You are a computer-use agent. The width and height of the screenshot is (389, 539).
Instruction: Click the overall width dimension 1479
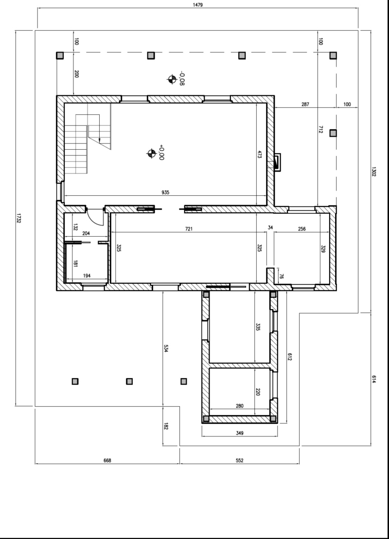tap(198, 5)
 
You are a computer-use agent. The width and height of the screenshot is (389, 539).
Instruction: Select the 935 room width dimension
tap(165, 192)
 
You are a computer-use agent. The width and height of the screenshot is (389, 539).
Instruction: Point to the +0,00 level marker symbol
tap(151, 153)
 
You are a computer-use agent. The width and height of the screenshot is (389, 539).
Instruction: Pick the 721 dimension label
tap(189, 229)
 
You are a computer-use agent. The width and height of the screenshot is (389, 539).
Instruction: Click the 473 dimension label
tap(260, 154)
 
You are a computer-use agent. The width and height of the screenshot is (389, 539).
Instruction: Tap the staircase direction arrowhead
tap(99, 140)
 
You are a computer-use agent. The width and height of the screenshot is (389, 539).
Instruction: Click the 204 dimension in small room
tap(86, 233)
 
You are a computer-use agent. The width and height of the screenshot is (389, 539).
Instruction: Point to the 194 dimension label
tap(87, 276)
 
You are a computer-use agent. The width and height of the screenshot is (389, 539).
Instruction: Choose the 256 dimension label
tap(301, 229)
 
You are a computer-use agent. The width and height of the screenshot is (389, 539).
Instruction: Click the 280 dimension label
tap(240, 406)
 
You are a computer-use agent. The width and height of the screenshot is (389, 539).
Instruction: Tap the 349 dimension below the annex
tap(240, 433)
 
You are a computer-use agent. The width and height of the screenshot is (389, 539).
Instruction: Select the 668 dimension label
tap(107, 460)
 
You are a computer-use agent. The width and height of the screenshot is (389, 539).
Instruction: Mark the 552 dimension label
tap(240, 460)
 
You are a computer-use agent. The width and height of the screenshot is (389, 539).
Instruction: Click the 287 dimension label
tap(305, 104)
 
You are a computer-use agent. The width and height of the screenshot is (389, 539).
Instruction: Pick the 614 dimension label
tap(373, 380)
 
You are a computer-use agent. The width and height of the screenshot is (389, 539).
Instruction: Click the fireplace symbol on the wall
tap(277, 162)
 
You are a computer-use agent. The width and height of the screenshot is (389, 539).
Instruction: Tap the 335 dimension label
tap(258, 327)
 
